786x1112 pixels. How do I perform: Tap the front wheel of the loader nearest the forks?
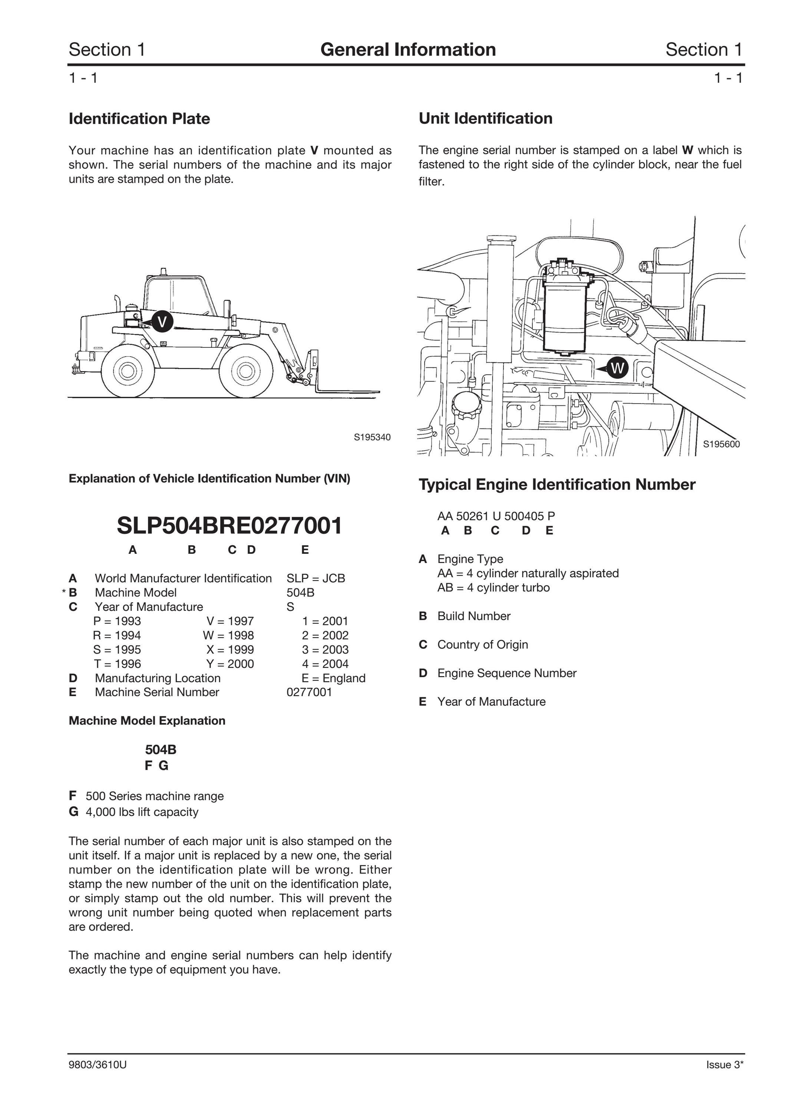(245, 371)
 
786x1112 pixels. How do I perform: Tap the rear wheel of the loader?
(128, 371)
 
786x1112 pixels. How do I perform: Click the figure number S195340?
(372, 437)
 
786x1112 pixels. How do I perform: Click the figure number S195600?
(721, 444)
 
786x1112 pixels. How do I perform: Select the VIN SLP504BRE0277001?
(229, 526)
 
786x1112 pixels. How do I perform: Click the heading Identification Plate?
(139, 119)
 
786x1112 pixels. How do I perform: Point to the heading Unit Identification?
(485, 118)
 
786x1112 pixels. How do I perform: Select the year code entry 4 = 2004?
(325, 664)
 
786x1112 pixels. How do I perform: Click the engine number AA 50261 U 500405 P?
(496, 516)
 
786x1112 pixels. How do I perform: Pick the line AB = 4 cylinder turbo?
(493, 588)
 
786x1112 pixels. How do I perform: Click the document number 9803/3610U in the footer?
(98, 1065)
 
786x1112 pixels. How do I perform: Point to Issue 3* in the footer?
(724, 1065)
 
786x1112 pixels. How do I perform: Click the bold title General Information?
(408, 49)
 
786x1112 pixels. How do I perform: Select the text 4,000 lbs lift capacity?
(142, 812)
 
